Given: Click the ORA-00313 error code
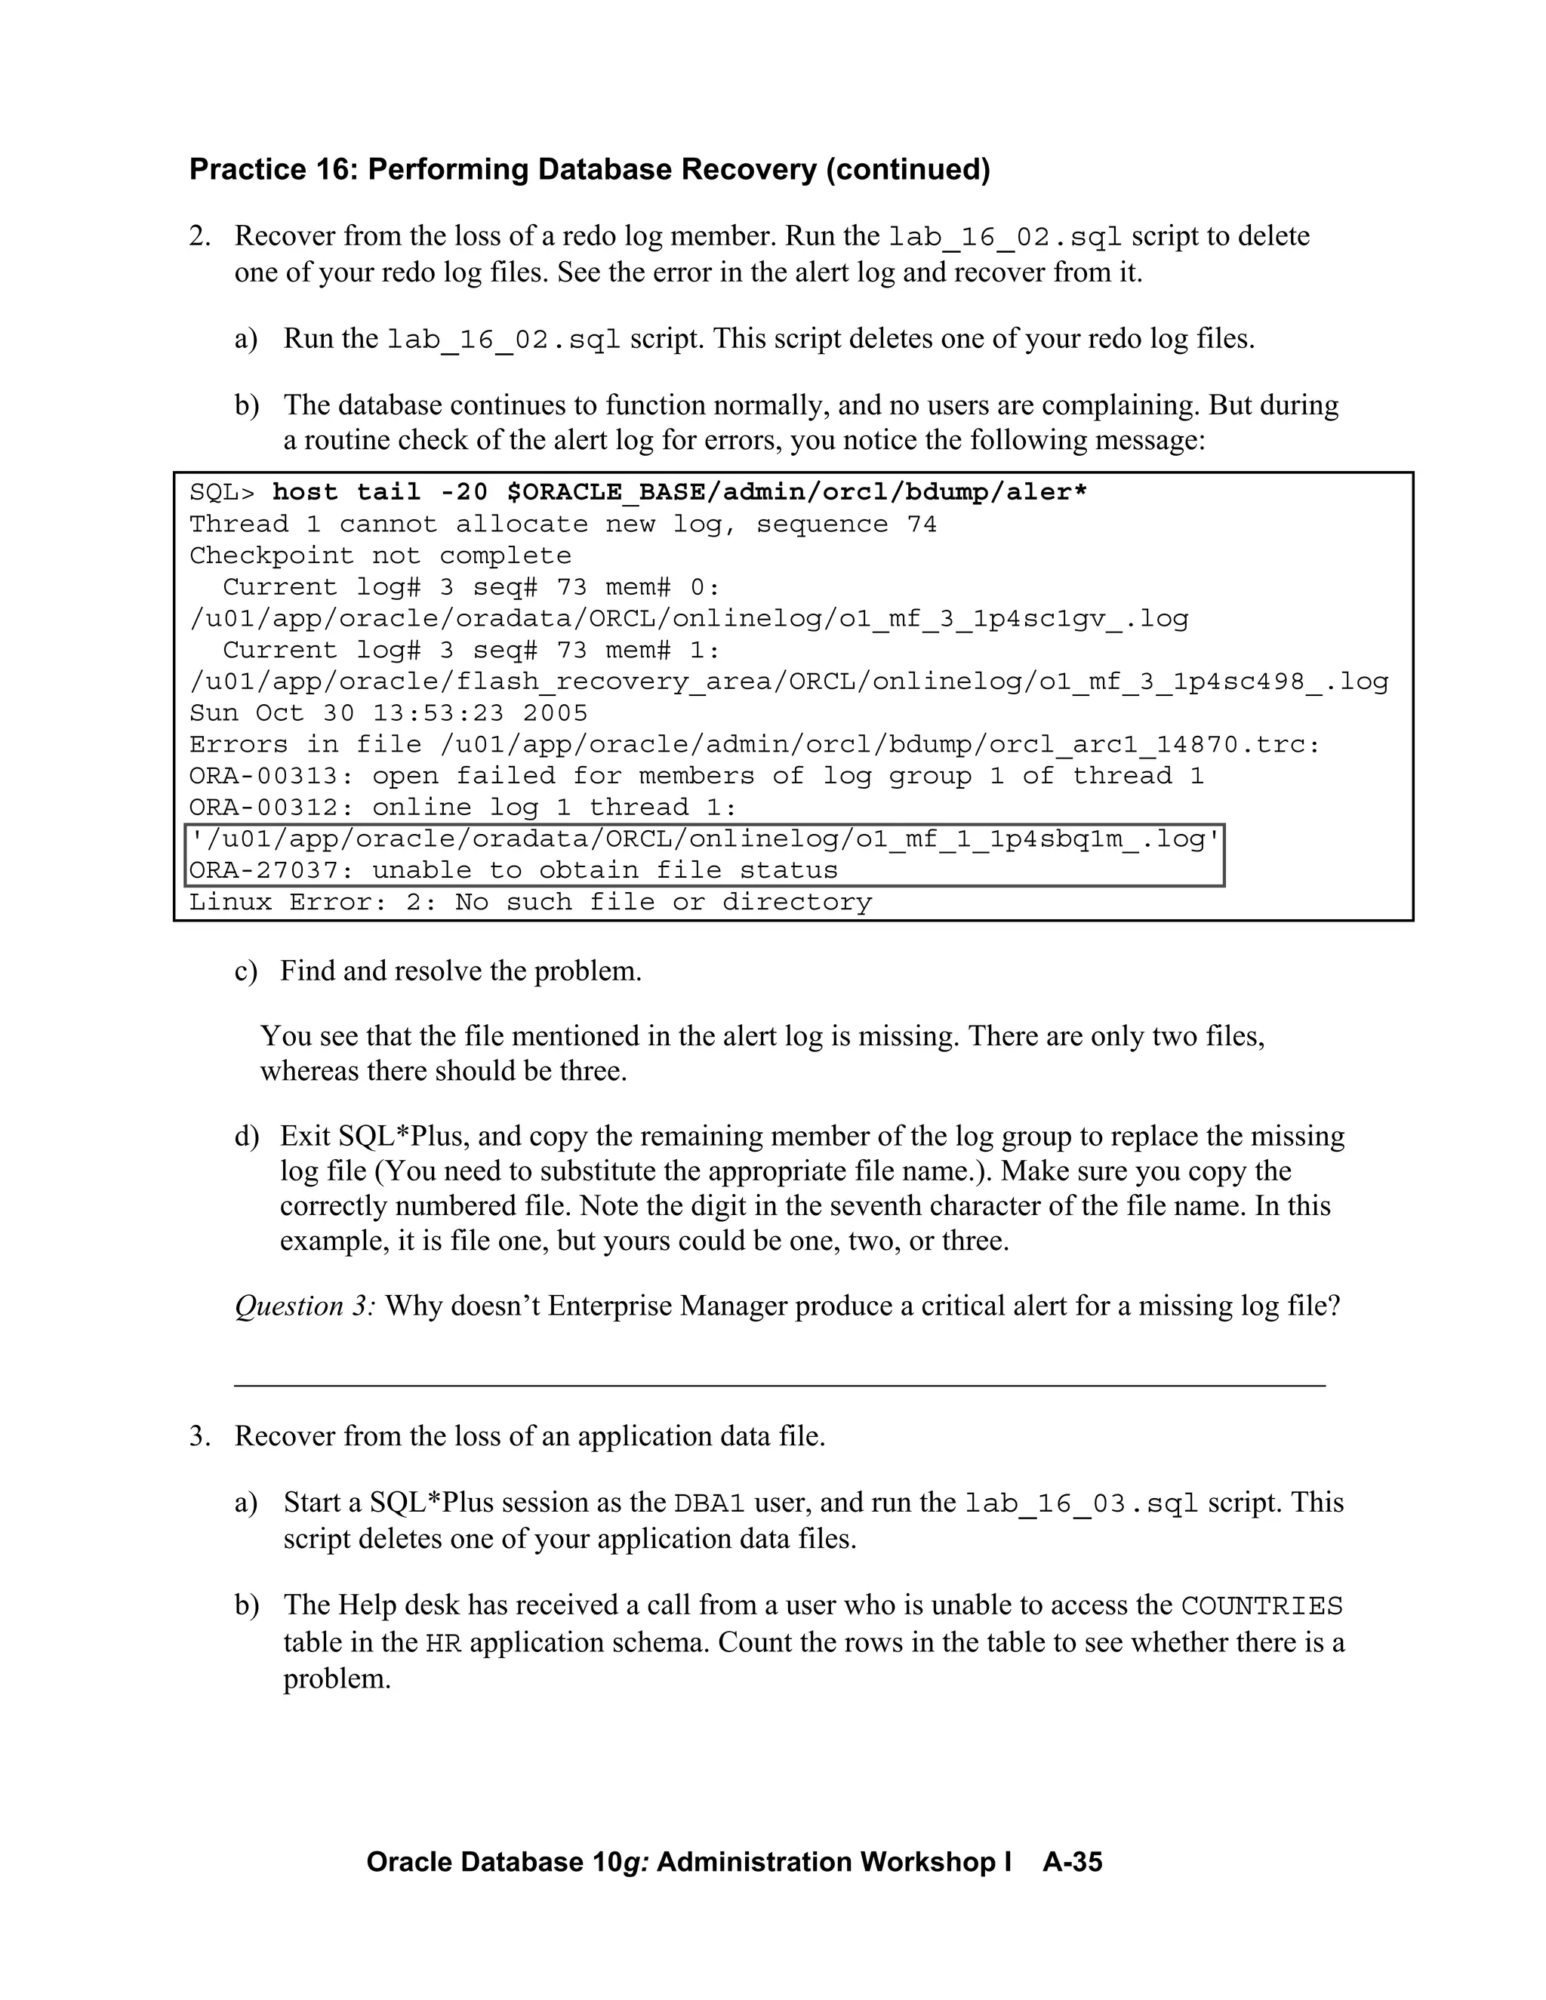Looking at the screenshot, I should pyautogui.click(x=270, y=777).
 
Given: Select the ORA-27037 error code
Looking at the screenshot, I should pyautogui.click(x=270, y=871).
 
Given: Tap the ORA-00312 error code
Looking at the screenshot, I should pyautogui.click(x=270, y=808).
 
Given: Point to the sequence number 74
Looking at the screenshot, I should pyautogui.click(x=922, y=525).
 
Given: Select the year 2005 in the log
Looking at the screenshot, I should pyautogui.click(x=556, y=713).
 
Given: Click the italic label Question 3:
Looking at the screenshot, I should pyautogui.click(x=305, y=1306).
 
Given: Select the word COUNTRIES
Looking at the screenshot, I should pyautogui.click(x=1261, y=1606).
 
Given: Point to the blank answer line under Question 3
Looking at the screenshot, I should pyautogui.click(x=779, y=1385).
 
